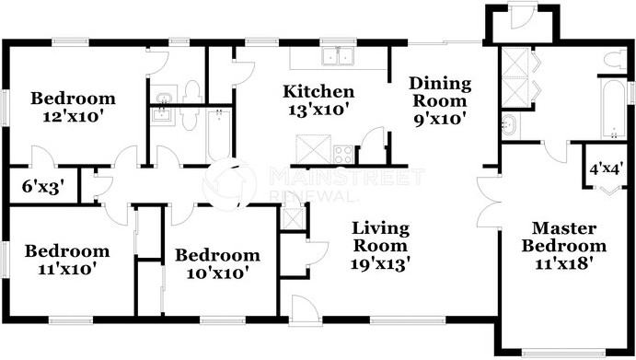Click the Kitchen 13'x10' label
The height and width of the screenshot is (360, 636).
click(318, 100)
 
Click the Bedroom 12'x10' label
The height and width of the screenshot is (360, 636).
click(73, 108)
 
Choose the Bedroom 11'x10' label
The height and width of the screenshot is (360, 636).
click(66, 260)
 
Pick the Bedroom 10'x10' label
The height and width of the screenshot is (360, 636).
click(217, 264)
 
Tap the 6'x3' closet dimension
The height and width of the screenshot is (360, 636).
click(42, 184)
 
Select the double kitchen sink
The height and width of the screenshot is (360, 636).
click(339, 57)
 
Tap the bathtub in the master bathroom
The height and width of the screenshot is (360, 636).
click(613, 109)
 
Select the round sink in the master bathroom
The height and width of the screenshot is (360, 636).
click(510, 123)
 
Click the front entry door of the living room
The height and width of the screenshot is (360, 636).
click(300, 309)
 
